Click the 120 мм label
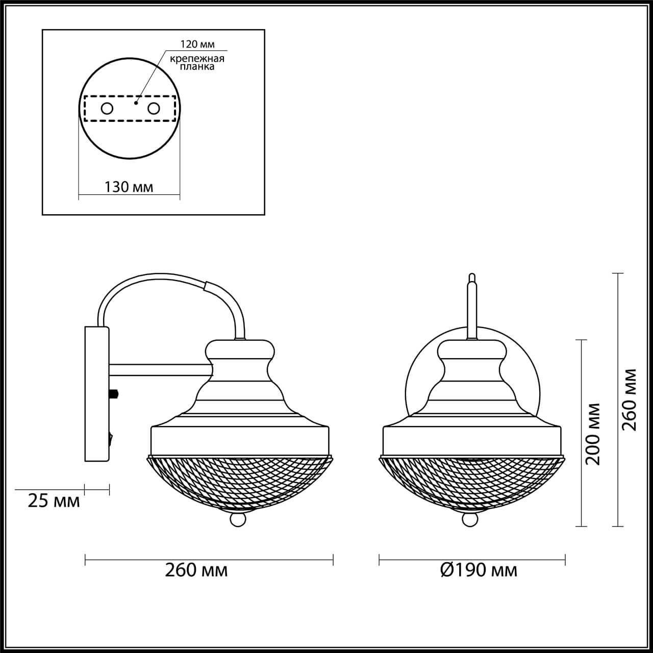[197, 44]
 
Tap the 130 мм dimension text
[129, 187]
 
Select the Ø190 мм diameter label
[479, 571]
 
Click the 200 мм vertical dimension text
[593, 434]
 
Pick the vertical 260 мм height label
[630, 400]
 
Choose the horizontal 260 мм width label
[196, 571]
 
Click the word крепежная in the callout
[197, 59]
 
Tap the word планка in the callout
[197, 67]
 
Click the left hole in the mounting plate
[107, 109]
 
